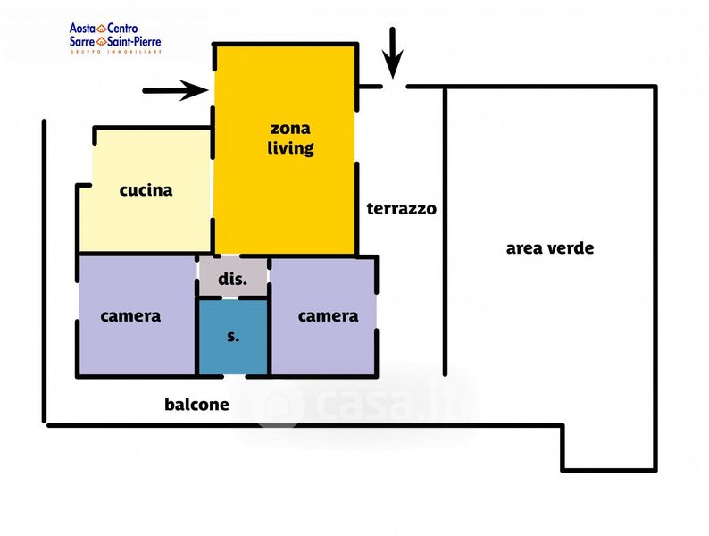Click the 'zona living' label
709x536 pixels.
click(290, 138)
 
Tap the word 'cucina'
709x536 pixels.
click(146, 190)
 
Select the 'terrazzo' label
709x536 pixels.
click(402, 208)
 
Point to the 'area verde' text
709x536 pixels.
click(550, 248)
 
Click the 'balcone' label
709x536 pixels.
click(196, 405)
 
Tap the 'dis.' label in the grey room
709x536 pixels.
click(233, 279)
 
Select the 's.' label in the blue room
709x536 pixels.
click(233, 337)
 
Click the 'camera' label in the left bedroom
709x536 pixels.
click(130, 316)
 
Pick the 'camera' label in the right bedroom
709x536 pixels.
click(329, 316)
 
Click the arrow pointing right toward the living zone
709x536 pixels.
click(175, 90)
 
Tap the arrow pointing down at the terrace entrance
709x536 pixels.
click(393, 53)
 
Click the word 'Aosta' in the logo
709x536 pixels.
click(82, 29)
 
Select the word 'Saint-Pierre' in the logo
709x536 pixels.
click(134, 42)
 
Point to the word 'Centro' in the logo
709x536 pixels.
click(122, 29)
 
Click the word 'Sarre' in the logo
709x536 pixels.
click(82, 42)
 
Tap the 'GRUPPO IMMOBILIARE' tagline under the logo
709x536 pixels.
click(116, 52)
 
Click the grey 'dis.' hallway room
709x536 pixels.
click(233, 277)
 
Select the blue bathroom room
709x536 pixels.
click(233, 337)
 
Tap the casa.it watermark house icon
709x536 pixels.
click(279, 404)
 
